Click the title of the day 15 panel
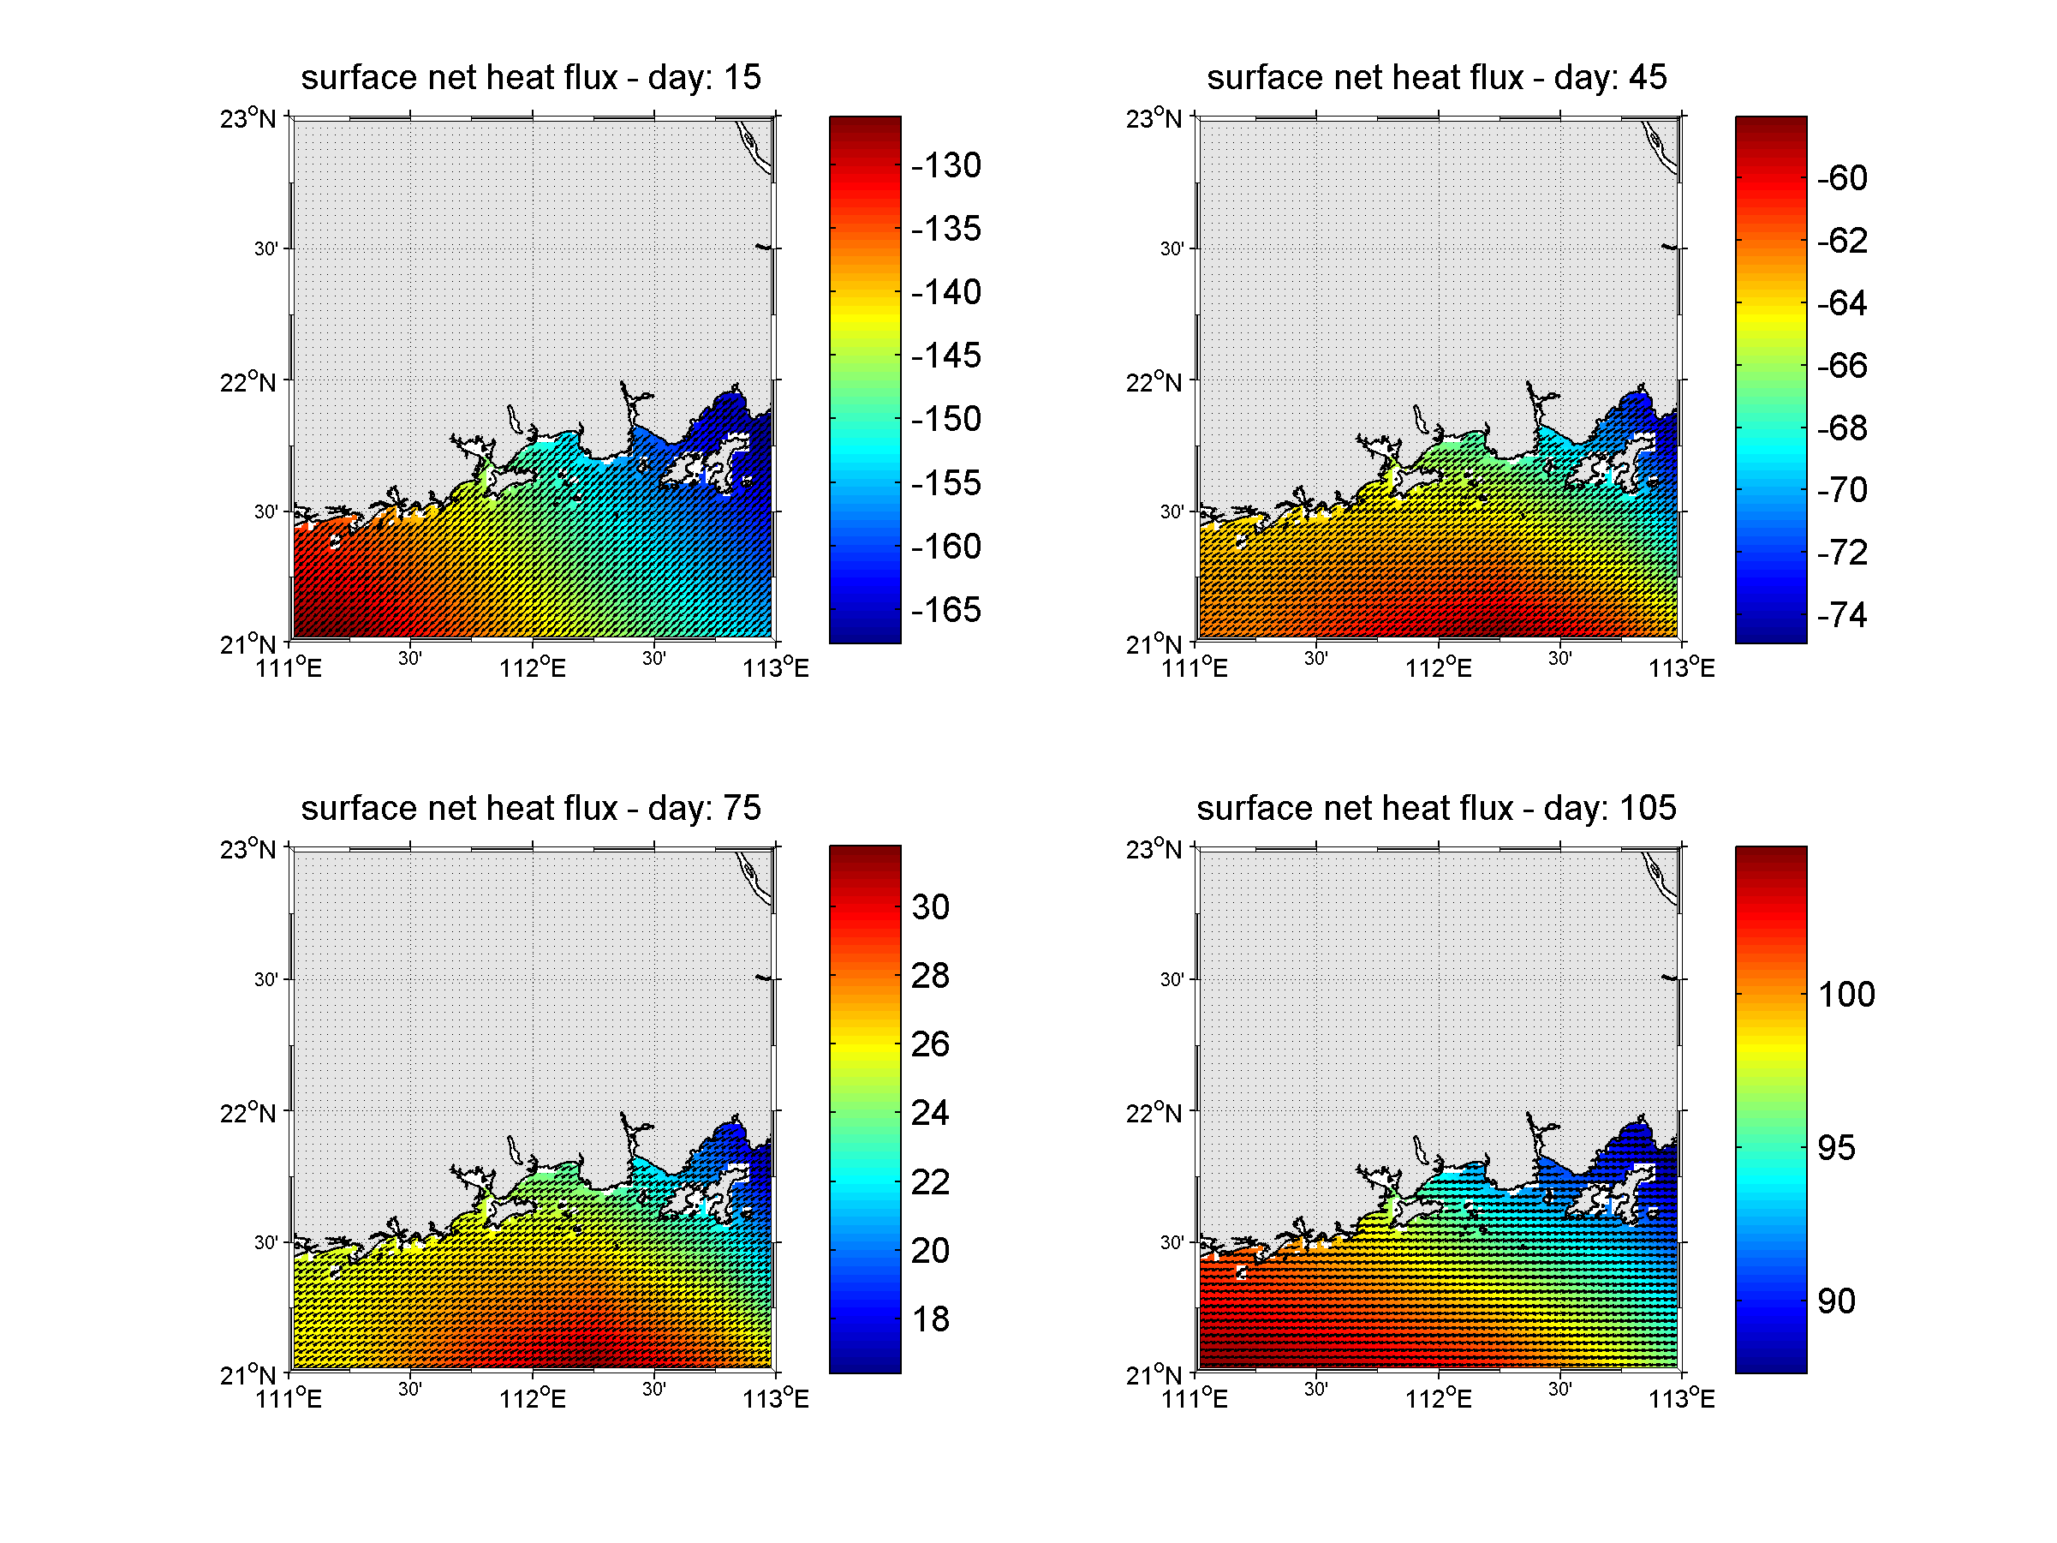point(530,77)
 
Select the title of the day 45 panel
point(1436,77)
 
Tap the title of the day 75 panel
point(530,808)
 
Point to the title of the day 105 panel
point(1436,808)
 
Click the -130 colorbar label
point(945,165)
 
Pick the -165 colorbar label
point(945,610)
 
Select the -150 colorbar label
point(945,419)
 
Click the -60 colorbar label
point(1841,177)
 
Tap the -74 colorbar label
point(1841,615)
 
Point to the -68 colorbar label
point(1841,428)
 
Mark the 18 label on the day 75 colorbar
point(930,1319)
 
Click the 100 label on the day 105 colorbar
point(1846,994)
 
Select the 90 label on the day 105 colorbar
point(1836,1301)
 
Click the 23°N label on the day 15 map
point(247,119)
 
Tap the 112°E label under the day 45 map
point(1438,667)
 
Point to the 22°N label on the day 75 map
point(247,1113)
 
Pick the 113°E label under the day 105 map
point(1681,1399)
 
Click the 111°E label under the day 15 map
point(289,667)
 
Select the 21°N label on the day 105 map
point(1154,1375)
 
